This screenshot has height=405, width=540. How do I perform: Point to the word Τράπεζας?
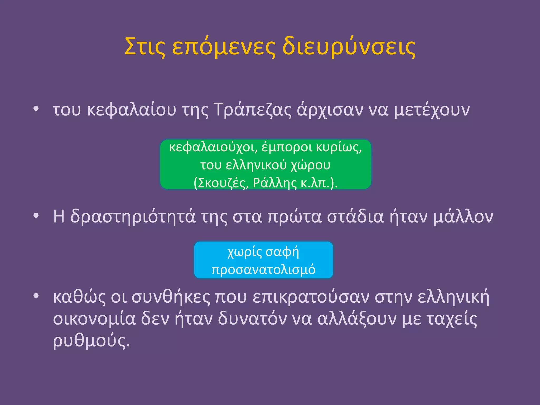(x=252, y=110)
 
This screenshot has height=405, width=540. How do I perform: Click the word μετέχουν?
(x=432, y=110)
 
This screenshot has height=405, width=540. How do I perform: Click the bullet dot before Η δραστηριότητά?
(x=36, y=215)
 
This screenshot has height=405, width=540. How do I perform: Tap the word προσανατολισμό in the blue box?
(x=263, y=269)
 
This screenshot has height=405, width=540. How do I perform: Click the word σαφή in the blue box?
(x=282, y=252)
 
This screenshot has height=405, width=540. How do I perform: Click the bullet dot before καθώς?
(x=36, y=296)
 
